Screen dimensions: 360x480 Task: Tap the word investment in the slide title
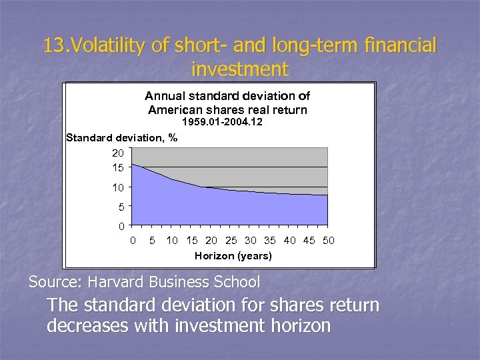coord(239,69)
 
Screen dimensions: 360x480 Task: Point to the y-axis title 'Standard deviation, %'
coord(122,138)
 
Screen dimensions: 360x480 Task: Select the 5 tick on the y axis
coord(120,207)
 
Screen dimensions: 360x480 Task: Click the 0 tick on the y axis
coord(120,226)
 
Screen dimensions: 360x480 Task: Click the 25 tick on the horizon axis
coord(231,240)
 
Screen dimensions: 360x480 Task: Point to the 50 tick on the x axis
coord(328,240)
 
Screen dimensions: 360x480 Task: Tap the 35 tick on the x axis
coord(270,240)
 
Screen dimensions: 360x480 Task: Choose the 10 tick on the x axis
coord(172,240)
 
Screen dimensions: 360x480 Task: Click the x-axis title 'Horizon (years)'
coord(233,255)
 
